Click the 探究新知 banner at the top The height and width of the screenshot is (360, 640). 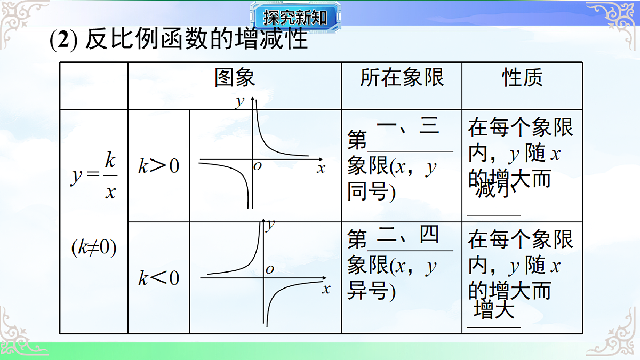(x=294, y=18)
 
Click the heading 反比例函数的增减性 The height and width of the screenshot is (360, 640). (x=196, y=40)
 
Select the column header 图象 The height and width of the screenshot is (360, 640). (x=235, y=78)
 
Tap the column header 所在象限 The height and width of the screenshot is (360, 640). (x=402, y=78)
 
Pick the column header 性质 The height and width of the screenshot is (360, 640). (x=522, y=78)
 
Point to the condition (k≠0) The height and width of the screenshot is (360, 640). (x=94, y=248)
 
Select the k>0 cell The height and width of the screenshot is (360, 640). (x=159, y=166)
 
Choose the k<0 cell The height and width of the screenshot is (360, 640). (x=159, y=278)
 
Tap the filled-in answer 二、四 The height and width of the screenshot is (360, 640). (x=407, y=235)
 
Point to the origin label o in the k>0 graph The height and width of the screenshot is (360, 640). (x=258, y=166)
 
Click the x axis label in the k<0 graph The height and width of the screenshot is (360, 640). (x=326, y=290)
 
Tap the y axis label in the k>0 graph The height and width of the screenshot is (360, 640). (x=240, y=101)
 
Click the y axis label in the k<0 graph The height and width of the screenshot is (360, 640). (x=270, y=225)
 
